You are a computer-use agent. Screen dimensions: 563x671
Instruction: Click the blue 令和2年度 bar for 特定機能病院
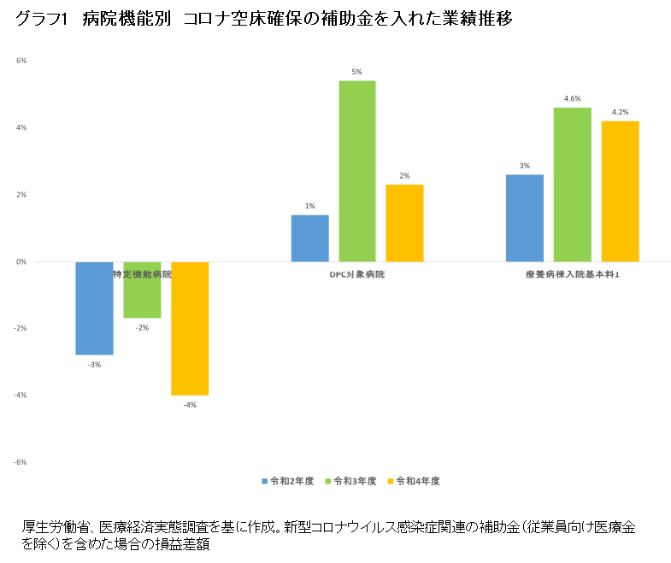94,308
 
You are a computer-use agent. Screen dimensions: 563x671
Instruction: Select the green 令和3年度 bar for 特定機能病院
142,290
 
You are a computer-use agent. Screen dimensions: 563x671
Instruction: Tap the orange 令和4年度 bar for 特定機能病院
190,328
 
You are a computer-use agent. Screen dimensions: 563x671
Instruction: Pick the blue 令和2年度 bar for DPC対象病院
309,238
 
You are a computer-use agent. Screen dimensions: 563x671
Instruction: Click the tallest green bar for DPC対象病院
357,171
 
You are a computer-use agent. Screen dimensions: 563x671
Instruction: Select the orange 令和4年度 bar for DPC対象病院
405,223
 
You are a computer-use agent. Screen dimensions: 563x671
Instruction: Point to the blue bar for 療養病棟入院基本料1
525,218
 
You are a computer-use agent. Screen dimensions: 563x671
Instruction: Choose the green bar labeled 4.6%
573,185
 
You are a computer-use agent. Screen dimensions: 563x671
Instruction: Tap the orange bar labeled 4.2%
621,191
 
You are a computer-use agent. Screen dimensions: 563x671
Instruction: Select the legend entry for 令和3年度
350,481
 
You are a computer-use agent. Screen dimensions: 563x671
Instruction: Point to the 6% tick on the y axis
21,61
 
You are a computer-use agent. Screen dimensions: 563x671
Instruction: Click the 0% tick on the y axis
21,261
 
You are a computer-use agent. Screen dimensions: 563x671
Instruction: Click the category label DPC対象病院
357,275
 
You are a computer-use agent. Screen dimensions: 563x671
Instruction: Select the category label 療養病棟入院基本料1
573,275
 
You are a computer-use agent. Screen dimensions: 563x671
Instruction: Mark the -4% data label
190,405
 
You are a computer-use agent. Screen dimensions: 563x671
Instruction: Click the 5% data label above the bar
357,71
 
